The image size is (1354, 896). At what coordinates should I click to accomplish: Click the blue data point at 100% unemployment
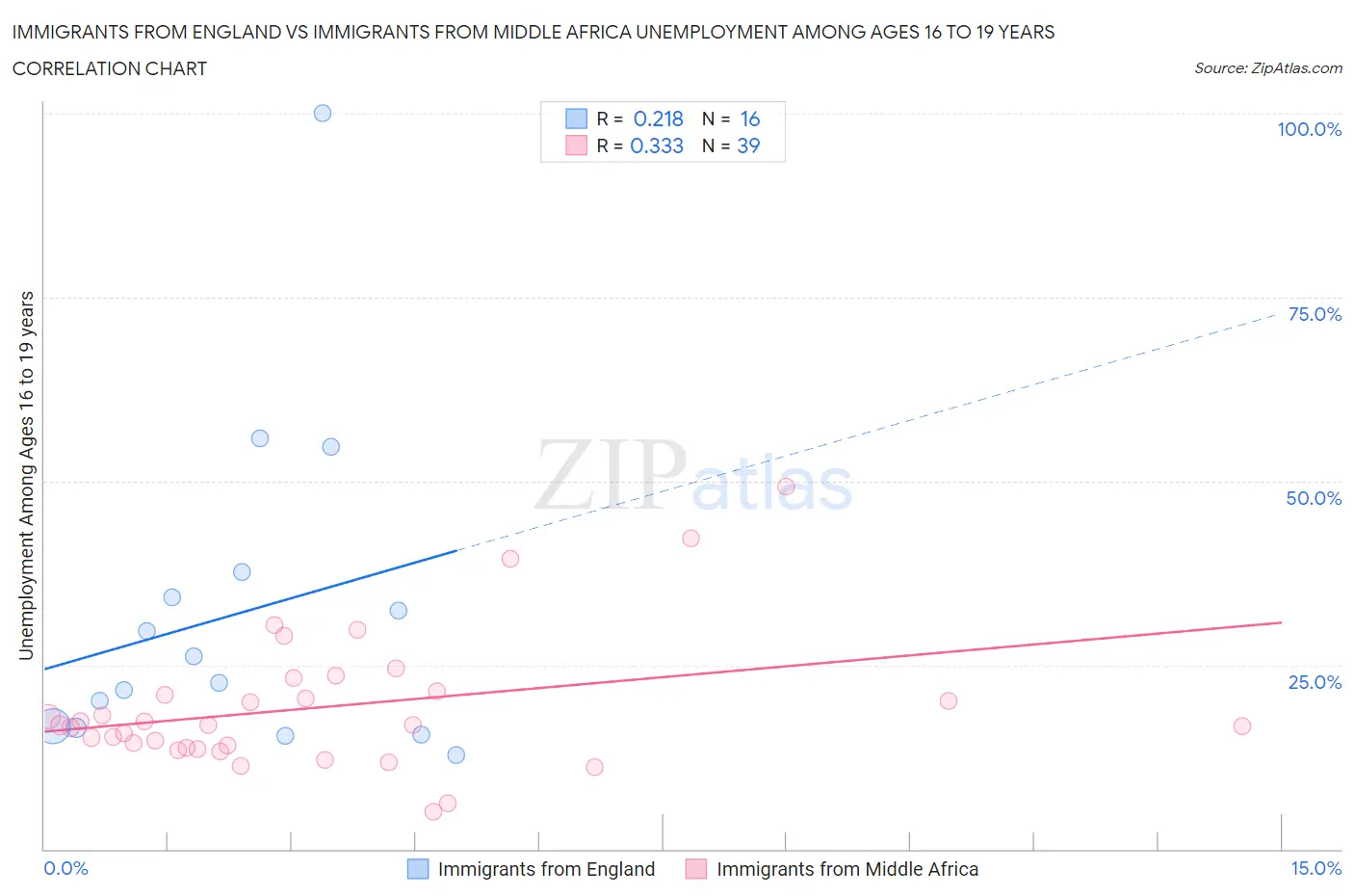pyautogui.click(x=323, y=113)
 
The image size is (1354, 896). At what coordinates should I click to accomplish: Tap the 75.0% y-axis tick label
pyautogui.click(x=1315, y=314)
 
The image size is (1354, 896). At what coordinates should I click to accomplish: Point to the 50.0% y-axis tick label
pyautogui.click(x=1314, y=498)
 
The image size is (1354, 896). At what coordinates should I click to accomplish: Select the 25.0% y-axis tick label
pyautogui.click(x=1315, y=682)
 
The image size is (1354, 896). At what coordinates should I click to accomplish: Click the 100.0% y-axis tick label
pyautogui.click(x=1309, y=129)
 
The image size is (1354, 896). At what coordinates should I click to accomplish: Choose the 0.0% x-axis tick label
pyautogui.click(x=66, y=868)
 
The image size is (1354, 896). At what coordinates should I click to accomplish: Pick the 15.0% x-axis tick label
pyautogui.click(x=1315, y=868)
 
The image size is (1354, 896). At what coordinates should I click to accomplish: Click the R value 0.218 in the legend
pyautogui.click(x=658, y=119)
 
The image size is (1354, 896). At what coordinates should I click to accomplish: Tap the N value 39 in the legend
pyautogui.click(x=748, y=146)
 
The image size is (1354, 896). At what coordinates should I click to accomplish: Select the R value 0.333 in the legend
pyautogui.click(x=657, y=146)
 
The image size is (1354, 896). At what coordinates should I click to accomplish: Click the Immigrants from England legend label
pyautogui.click(x=546, y=869)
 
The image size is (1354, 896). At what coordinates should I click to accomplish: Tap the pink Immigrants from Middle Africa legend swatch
pyautogui.click(x=695, y=869)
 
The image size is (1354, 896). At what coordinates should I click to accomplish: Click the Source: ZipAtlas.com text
pyautogui.click(x=1267, y=68)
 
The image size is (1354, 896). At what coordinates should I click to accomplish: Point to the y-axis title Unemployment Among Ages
pyautogui.click(x=27, y=475)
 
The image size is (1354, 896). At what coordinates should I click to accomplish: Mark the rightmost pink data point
pyautogui.click(x=1242, y=725)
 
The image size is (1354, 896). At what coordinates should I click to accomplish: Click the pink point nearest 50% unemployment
pyautogui.click(x=786, y=487)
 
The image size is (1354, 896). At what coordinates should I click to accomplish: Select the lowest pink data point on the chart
pyautogui.click(x=433, y=811)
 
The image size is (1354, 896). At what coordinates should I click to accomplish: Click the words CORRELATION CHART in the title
pyautogui.click(x=110, y=68)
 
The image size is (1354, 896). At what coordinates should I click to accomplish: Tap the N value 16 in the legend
pyautogui.click(x=749, y=119)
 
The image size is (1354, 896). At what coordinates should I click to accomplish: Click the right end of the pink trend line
pyautogui.click(x=1281, y=622)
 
